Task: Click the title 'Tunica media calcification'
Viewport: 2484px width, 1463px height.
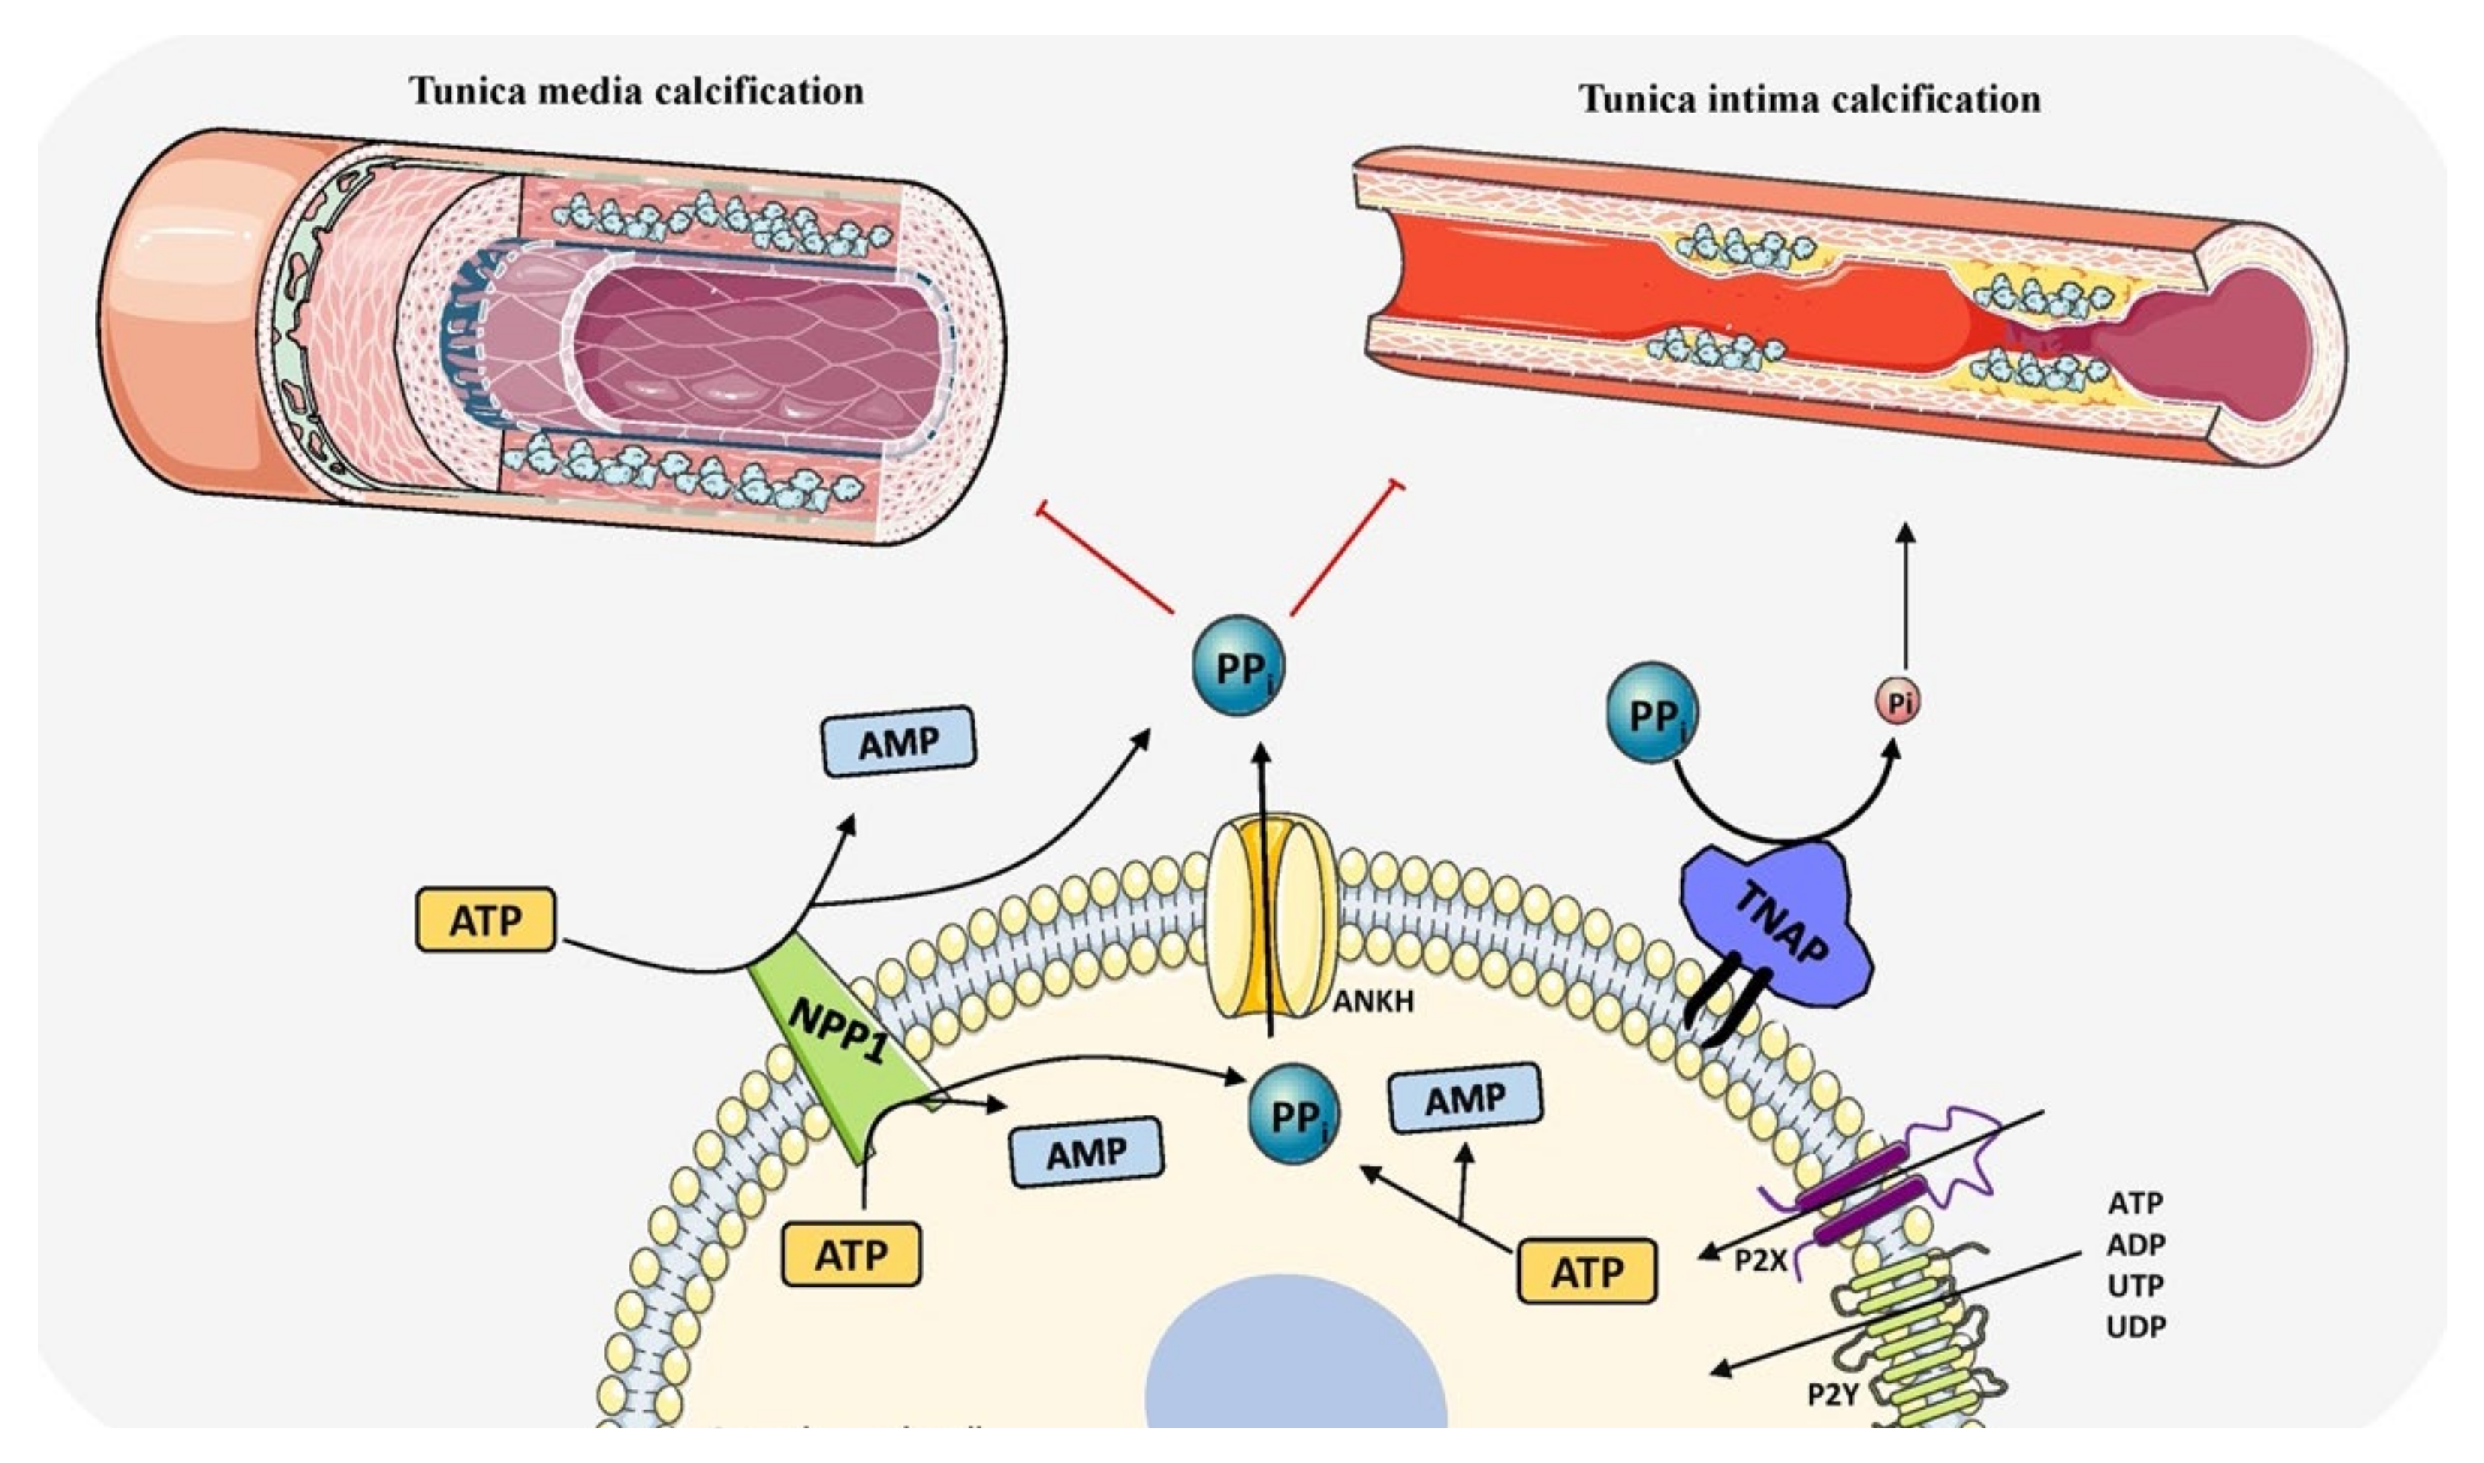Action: click(x=636, y=91)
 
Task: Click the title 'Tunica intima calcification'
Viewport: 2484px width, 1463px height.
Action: click(x=1810, y=98)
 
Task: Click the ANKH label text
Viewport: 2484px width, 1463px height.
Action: click(x=1373, y=1002)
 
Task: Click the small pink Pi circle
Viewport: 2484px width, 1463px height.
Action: click(x=1898, y=703)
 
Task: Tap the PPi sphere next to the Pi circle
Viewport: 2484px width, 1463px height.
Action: click(x=1652, y=712)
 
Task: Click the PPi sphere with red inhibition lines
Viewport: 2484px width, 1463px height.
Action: click(x=1239, y=665)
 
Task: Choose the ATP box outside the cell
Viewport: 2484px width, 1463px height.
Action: click(x=485, y=920)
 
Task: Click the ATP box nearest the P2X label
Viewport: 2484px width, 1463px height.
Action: click(x=1587, y=1271)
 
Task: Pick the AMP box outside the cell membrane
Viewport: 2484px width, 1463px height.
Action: click(x=898, y=741)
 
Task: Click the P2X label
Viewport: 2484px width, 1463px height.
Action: click(x=1760, y=1261)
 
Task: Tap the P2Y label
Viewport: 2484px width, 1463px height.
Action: click(x=1831, y=1394)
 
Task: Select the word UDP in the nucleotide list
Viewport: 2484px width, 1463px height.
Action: click(x=2136, y=1327)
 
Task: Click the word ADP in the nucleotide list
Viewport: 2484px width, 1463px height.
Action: click(x=2136, y=1244)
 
